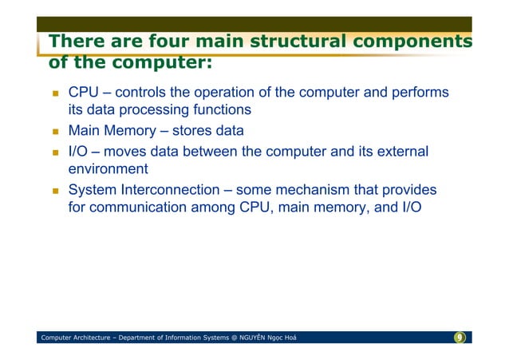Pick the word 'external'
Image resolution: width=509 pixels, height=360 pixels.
(x=402, y=151)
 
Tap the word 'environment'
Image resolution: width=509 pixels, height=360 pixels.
(x=108, y=169)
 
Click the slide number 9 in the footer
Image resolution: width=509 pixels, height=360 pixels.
(x=460, y=338)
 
